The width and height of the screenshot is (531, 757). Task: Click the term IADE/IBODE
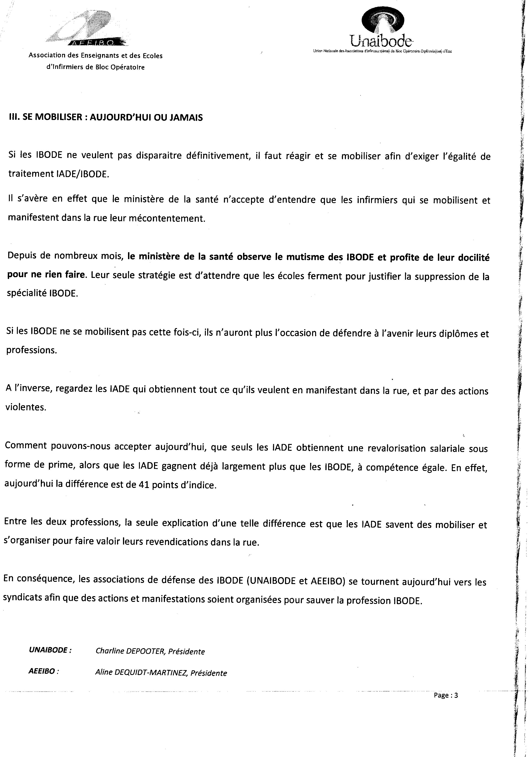coord(82,174)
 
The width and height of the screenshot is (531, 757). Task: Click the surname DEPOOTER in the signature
coord(142,651)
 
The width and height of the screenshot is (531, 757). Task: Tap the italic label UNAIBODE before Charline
coord(49,650)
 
